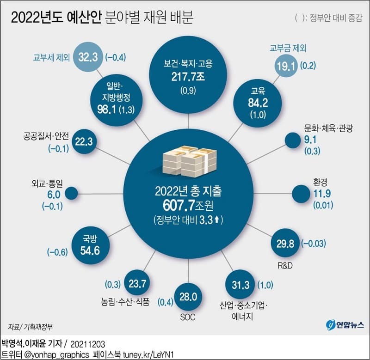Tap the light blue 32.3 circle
88,58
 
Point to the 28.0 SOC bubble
188,296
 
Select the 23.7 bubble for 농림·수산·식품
138,283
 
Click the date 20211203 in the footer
89,344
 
